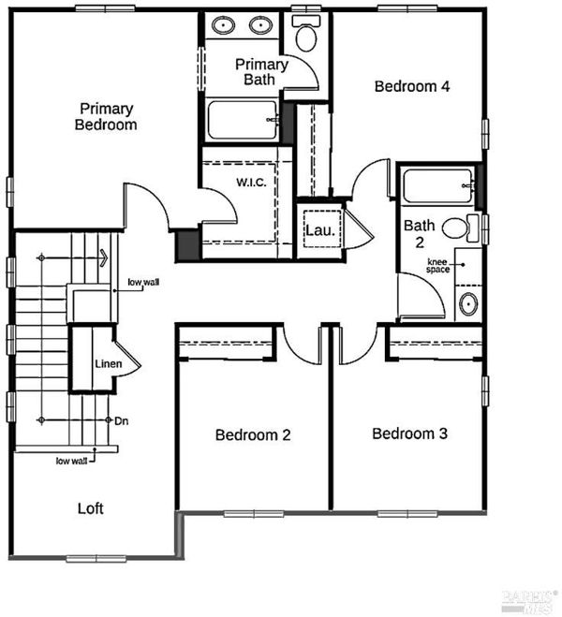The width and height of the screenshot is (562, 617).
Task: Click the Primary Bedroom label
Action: pos(106,117)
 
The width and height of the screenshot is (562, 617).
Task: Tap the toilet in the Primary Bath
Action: pos(305,34)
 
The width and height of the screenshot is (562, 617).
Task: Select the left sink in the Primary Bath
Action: pos(224,25)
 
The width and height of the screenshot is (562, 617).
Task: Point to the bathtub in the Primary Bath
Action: pos(243,120)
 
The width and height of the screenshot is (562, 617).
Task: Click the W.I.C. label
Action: pos(251,183)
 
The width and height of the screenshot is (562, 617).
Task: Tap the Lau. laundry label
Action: pos(320,230)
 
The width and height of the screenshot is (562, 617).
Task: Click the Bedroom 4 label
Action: pos(411,86)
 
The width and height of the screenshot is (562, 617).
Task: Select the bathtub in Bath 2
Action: pos(438,185)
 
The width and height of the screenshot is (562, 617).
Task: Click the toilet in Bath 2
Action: pos(461,228)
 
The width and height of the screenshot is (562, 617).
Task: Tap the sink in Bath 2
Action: pos(468,303)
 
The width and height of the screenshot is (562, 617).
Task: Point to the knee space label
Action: pos(437,266)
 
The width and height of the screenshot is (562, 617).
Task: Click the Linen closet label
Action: pos(109,364)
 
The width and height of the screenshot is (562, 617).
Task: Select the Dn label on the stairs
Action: pos(121,421)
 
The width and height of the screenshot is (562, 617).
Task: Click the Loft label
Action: pos(91,508)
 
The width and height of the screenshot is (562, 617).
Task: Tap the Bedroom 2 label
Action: pos(253,434)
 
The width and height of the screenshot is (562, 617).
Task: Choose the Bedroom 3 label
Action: pos(409,433)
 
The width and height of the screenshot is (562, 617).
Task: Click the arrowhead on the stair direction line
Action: pos(104,258)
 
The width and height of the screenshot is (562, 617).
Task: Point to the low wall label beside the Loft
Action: pos(71,461)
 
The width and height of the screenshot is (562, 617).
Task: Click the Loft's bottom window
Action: pos(96,558)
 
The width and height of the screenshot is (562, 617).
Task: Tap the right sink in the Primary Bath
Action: pos(260,25)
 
